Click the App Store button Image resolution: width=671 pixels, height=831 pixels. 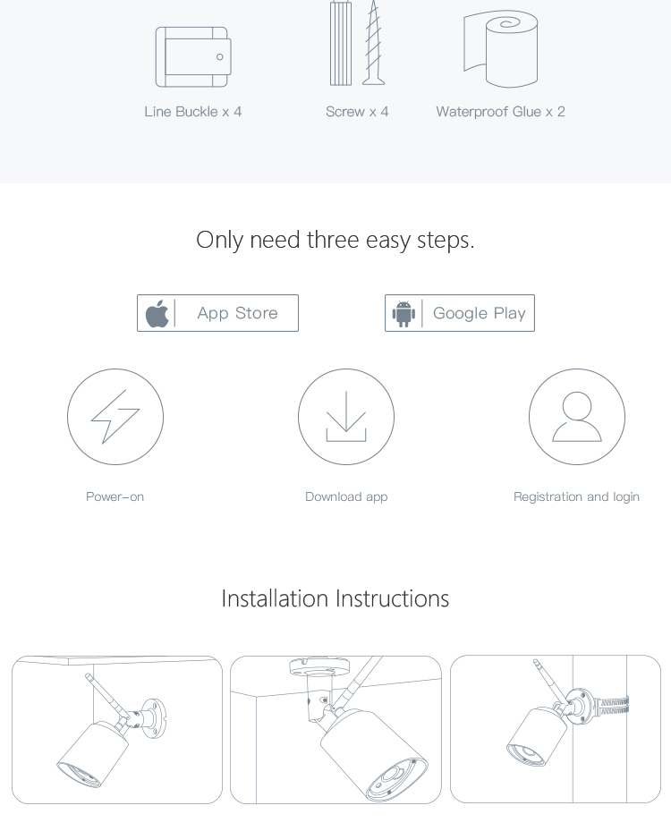pos(217,313)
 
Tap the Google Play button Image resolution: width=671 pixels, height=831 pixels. pos(460,313)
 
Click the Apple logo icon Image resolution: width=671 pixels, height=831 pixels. pos(157,313)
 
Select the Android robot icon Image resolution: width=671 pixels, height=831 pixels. pos(403,314)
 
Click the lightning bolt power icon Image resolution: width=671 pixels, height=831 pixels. pos(115,417)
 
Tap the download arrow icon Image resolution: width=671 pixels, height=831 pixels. pos(346,416)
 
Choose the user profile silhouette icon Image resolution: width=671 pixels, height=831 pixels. pos(577,417)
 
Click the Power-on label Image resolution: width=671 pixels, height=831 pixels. pos(115,496)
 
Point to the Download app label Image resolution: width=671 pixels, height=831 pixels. pos(346,496)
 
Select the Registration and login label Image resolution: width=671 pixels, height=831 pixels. pos(577,496)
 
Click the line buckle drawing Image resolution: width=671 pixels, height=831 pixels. pos(193,56)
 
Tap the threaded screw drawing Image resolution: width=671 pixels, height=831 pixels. pos(374,44)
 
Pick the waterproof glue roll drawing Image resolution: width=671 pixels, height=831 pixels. pos(501,49)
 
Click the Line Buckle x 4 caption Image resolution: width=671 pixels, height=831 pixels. pos(193,112)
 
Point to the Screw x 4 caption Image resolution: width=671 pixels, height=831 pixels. pos(357,112)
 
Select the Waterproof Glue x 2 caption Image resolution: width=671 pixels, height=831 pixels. pos(501,112)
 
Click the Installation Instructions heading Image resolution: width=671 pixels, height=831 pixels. pos(335,598)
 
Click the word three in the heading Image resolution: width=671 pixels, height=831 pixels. pos(333,240)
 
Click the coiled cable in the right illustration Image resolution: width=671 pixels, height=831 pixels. pos(613,706)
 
